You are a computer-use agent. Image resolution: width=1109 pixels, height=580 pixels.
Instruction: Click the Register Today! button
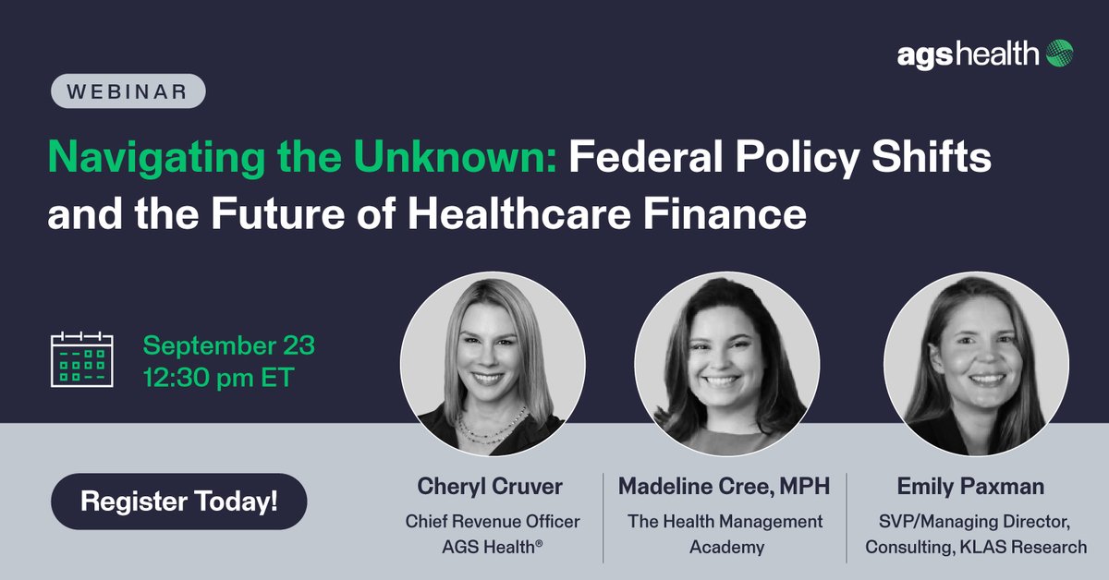pyautogui.click(x=178, y=503)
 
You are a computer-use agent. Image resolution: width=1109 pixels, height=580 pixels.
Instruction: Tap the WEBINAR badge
pyautogui.click(x=127, y=91)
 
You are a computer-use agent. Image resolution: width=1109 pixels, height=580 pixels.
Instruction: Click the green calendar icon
pyautogui.click(x=80, y=359)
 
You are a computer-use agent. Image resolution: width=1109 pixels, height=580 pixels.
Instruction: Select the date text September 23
pyautogui.click(x=228, y=346)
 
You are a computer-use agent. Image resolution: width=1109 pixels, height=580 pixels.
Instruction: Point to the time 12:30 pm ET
pyautogui.click(x=218, y=378)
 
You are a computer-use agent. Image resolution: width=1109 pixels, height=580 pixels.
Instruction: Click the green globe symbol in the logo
pyautogui.click(x=1059, y=54)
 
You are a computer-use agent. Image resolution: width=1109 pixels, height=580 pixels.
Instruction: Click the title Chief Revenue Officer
pyautogui.click(x=493, y=522)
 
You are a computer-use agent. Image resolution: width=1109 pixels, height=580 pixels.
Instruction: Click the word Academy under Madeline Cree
pyautogui.click(x=726, y=547)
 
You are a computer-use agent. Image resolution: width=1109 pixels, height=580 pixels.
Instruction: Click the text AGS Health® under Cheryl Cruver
pyautogui.click(x=493, y=547)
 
